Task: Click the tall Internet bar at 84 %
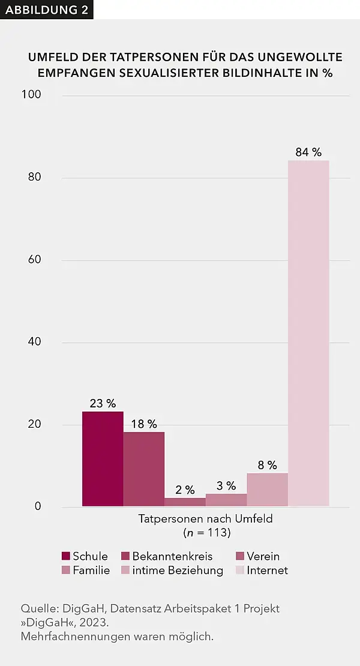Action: click(308, 333)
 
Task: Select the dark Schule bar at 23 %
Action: click(103, 459)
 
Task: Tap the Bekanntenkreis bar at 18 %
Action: click(144, 469)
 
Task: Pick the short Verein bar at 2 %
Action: click(185, 502)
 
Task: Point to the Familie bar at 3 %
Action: click(226, 500)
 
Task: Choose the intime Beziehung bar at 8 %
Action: click(267, 490)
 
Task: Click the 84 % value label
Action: click(308, 152)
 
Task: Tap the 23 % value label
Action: click(103, 403)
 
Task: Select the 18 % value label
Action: click(144, 424)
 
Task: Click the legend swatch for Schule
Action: click(66, 556)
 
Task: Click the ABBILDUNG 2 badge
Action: click(46, 10)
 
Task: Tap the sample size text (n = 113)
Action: click(206, 532)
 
